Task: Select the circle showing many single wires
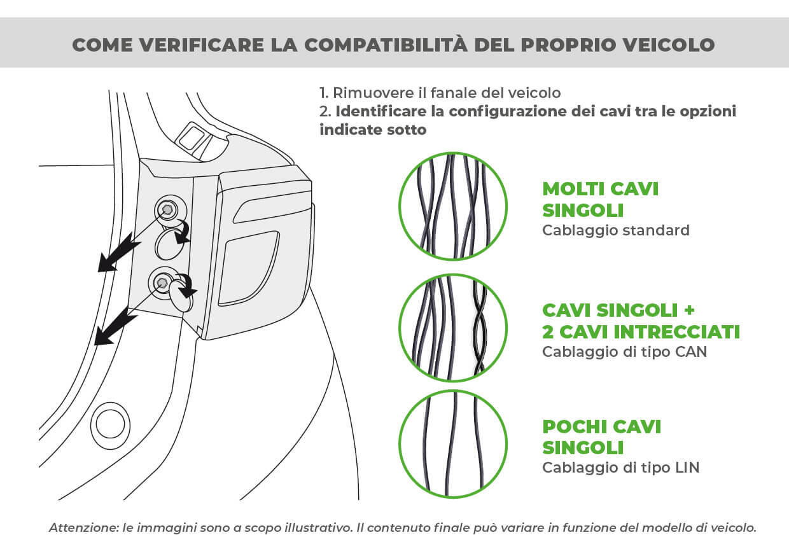tap(452, 207)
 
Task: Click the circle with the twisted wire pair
tap(452, 328)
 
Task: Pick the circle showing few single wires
tap(452, 443)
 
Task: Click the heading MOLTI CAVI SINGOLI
tap(600, 199)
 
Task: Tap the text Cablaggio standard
tap(615, 230)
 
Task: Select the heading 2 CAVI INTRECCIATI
tap(641, 331)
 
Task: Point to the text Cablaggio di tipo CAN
tap(624, 351)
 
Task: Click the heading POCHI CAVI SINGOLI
tap(601, 436)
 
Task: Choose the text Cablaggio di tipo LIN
tap(620, 468)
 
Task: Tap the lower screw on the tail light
tap(162, 282)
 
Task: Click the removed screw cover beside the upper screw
tap(168, 244)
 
